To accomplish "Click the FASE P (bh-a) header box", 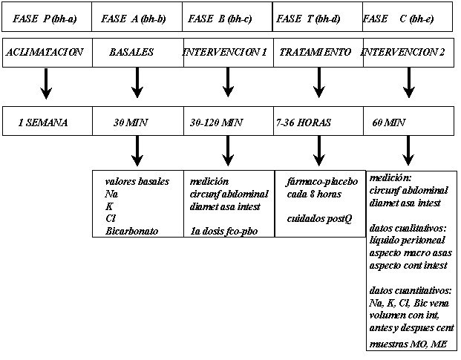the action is pos(47,17).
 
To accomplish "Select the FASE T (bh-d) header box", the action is pos(318,17).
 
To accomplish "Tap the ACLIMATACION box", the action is pos(48,53).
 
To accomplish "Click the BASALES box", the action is pos(138,53).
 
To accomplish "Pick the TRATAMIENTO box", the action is pos(318,53).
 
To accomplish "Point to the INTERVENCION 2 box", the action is pos(409,53).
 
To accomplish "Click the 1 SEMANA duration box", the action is pos(48,121).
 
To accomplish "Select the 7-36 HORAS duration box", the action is pos(318,121).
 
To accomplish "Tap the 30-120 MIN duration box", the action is pos(229,121).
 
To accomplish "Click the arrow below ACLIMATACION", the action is pos(46,83).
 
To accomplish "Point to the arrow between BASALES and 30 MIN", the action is pos(137,82).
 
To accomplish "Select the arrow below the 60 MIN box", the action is pos(408,151).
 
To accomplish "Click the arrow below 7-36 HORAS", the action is pos(319,151).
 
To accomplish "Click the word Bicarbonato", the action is pos(131,231).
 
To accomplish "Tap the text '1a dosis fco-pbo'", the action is pos(223,232).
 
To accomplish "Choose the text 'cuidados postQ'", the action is pos(319,219).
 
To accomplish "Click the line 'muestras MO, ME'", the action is pos(408,344).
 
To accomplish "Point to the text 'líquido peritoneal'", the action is pos(407,240).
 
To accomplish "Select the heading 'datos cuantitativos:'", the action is pos(410,290).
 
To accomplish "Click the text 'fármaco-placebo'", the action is pos(322,182).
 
